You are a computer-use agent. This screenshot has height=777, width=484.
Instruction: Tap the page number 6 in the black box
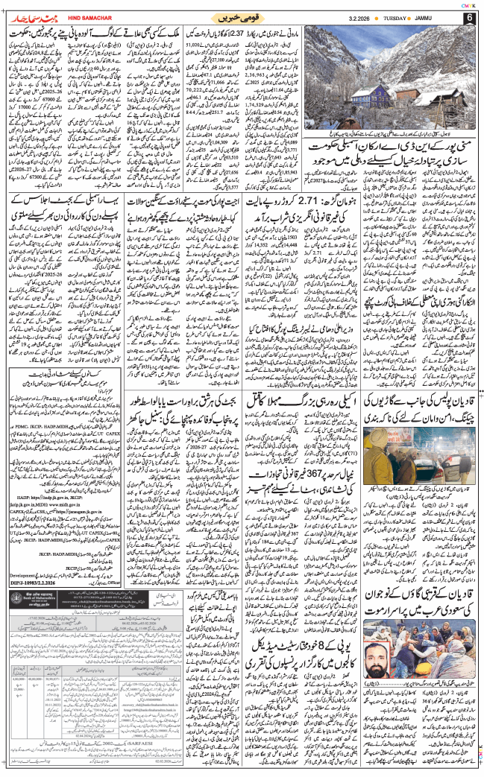470,17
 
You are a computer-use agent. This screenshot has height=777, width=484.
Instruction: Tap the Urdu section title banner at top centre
242,16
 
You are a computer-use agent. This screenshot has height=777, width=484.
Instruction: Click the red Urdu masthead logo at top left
31,16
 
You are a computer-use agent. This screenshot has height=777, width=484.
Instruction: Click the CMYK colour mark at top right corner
468,4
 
